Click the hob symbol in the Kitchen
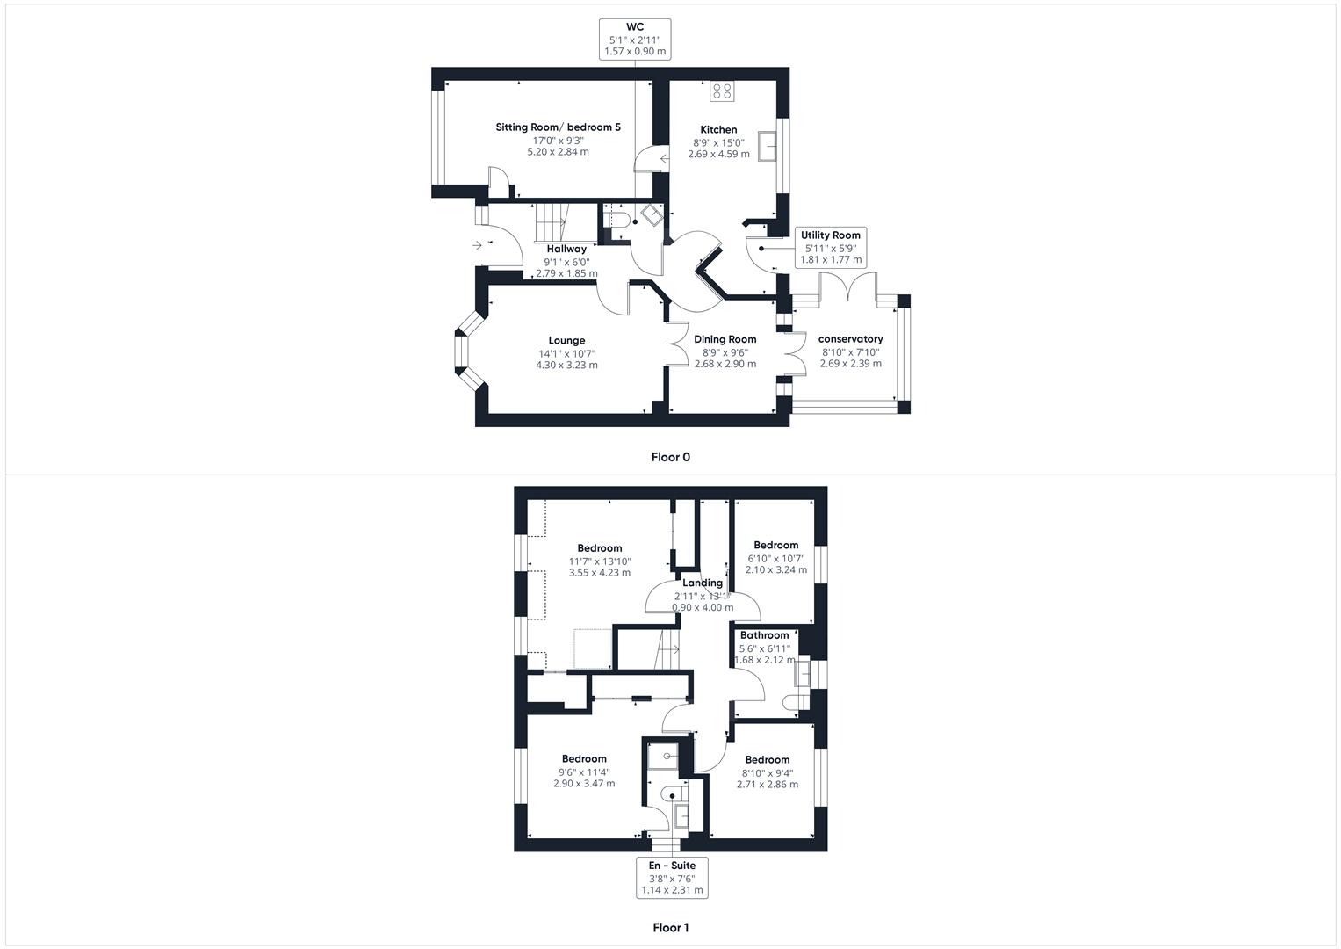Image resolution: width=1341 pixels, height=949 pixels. click(x=722, y=91)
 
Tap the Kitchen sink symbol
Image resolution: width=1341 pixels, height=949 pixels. click(x=768, y=146)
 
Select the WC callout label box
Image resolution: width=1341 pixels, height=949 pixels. click(x=635, y=40)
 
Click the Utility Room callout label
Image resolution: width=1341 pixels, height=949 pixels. click(x=830, y=248)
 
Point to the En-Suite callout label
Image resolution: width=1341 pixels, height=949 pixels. click(x=672, y=877)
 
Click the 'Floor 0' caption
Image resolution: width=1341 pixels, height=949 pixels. click(x=670, y=457)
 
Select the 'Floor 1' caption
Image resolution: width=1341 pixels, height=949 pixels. click(x=671, y=927)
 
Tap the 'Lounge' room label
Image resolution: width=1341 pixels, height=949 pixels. click(x=566, y=341)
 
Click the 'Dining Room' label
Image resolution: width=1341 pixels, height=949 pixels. click(x=725, y=339)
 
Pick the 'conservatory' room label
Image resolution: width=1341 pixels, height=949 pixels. click(x=850, y=339)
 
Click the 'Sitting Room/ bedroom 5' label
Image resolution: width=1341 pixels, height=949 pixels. click(x=558, y=127)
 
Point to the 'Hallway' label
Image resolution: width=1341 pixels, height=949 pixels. click(x=566, y=249)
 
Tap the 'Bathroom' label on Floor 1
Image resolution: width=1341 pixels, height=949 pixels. click(x=764, y=635)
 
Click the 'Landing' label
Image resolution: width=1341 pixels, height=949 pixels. click(x=703, y=583)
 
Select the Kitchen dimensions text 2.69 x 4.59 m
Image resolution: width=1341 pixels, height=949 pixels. click(x=718, y=154)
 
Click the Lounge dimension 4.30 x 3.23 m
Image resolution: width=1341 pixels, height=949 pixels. click(x=566, y=365)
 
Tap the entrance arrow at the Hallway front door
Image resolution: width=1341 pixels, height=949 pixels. click(x=477, y=245)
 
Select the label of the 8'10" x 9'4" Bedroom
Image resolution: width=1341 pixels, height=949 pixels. click(x=767, y=760)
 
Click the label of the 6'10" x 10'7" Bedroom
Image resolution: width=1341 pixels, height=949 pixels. click(x=775, y=546)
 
